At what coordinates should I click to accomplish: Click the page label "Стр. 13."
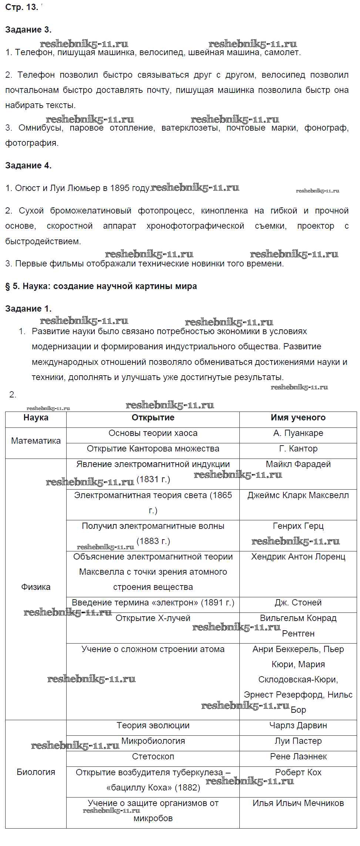(21, 7)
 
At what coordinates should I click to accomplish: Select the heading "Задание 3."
(28, 30)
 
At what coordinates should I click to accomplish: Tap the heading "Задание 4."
(28, 165)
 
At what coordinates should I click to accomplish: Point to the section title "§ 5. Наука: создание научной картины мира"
(101, 286)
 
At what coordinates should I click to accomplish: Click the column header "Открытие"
(153, 417)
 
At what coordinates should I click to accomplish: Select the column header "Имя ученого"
(298, 417)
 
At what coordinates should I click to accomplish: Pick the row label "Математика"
(36, 441)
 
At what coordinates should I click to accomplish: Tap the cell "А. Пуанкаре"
(298, 433)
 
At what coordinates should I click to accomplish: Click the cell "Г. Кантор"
(298, 449)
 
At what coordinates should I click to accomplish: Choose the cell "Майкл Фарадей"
(298, 464)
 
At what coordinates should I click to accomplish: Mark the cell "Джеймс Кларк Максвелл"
(298, 495)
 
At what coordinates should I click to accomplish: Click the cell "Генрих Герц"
(298, 526)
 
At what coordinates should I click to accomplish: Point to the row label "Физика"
(36, 587)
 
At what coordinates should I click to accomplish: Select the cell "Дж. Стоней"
(298, 602)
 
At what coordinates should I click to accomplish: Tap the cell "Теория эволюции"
(153, 725)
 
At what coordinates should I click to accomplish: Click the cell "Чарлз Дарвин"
(298, 725)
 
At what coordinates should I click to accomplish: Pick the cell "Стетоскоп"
(153, 756)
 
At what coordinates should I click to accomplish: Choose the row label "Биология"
(36, 772)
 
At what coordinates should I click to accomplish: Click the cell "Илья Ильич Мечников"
(298, 803)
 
